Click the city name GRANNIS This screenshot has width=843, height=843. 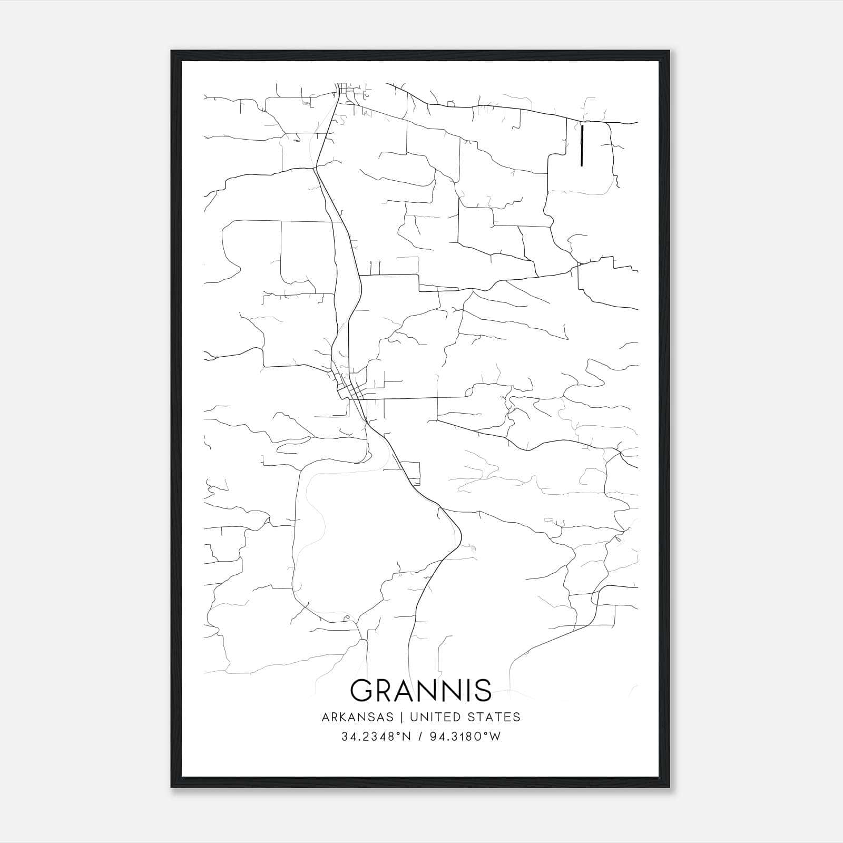tap(420, 690)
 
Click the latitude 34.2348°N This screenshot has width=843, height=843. tap(376, 737)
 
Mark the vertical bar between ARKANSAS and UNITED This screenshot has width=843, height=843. tap(401, 717)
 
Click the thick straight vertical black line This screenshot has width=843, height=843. tap(582, 145)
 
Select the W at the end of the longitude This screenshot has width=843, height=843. tap(495, 737)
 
